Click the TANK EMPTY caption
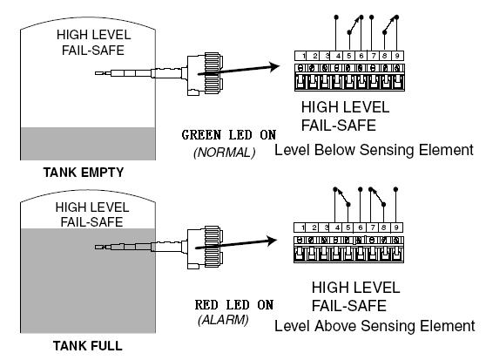(84, 173)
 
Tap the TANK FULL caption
(88, 346)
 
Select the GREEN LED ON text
(229, 135)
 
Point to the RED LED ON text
(234, 305)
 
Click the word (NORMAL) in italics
(225, 153)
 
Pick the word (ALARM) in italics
(223, 320)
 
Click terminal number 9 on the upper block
(397, 56)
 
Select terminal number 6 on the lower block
(361, 228)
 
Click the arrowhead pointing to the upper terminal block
(274, 66)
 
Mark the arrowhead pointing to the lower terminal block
(272, 241)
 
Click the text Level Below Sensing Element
(375, 150)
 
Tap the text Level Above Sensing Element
(375, 326)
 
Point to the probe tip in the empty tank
(98, 73)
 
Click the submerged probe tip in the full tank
(98, 248)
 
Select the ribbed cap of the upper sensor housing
(213, 72)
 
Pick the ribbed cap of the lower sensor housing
(213, 246)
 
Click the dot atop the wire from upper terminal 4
(336, 17)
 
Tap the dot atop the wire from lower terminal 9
(395, 189)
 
